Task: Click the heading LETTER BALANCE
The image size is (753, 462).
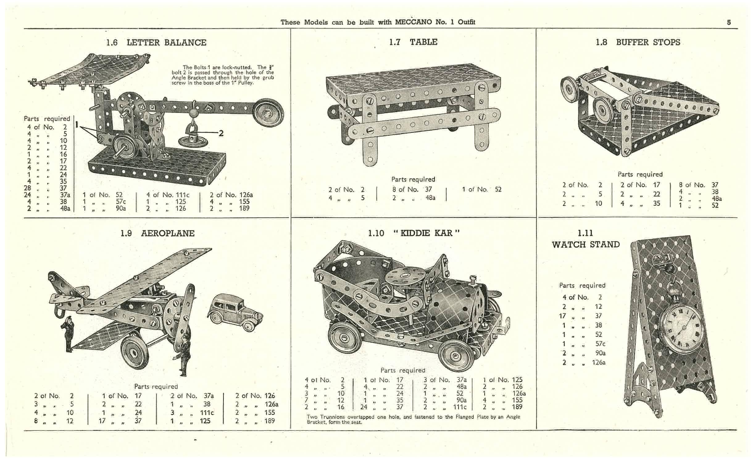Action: tap(166, 43)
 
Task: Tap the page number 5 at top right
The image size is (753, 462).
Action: tap(729, 22)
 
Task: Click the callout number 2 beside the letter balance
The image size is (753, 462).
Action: tap(221, 133)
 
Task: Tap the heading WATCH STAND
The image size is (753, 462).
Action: tap(586, 245)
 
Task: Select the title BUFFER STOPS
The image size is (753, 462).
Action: tap(648, 42)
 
